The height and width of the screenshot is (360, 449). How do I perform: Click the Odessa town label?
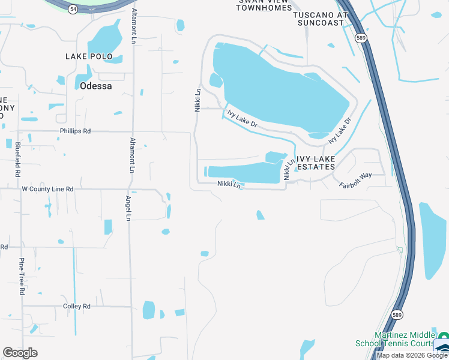(96, 86)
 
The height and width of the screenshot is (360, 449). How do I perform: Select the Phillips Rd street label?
(75, 131)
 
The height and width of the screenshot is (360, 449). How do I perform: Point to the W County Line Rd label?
(47, 189)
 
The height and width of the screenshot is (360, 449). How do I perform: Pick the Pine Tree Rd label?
(22, 276)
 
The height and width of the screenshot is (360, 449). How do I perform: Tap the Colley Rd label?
(77, 306)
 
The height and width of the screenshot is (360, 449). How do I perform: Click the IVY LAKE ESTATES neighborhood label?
(315, 162)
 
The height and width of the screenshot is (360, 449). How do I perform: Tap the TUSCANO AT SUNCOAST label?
(321, 19)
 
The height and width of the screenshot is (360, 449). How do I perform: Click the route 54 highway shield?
(73, 10)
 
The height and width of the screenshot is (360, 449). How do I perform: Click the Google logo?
(20, 352)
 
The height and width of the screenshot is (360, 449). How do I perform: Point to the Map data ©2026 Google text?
(412, 355)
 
